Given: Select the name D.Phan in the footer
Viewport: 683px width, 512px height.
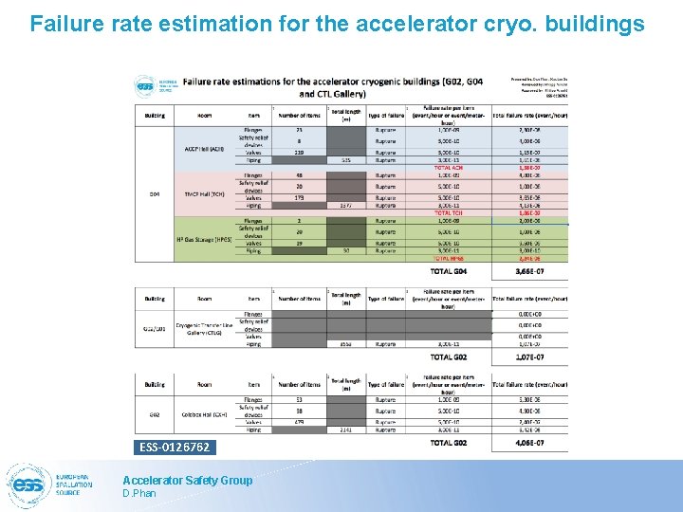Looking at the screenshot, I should [138, 494].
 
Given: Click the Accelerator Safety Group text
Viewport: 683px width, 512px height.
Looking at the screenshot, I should [188, 480].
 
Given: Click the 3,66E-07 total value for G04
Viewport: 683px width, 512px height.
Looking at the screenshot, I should [528, 272].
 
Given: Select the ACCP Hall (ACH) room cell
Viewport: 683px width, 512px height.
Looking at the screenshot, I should [204, 148].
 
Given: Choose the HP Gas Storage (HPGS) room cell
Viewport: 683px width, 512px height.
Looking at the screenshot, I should [204, 240].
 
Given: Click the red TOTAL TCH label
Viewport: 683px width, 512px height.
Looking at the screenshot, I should [449, 212].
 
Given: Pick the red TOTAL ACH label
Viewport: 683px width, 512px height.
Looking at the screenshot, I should [449, 167].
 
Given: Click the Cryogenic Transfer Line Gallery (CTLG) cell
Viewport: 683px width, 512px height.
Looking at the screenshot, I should [204, 327].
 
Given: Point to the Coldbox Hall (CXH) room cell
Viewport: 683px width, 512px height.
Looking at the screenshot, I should [204, 414].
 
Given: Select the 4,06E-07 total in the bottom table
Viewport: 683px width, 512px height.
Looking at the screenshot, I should [528, 443].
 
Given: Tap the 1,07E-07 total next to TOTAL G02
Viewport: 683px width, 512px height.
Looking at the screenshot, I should [528, 357].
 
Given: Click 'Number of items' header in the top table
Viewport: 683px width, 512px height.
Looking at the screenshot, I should [299, 116].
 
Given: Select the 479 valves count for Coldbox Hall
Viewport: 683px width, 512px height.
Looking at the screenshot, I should [299, 422].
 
